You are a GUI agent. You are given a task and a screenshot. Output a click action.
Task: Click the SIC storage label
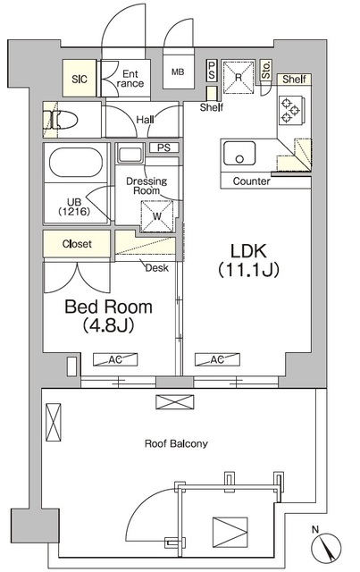pos(80,80)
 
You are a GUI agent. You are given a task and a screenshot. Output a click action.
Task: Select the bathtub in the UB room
pos(76,162)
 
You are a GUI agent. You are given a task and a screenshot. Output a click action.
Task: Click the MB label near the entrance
pos(178,71)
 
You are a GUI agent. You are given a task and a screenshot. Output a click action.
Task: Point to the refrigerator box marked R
pos(239,78)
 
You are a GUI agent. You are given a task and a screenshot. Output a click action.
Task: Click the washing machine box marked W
pos(157,216)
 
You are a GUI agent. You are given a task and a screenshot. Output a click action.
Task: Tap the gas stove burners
pos(290,109)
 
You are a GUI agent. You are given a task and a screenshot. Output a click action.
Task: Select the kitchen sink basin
pos(239,153)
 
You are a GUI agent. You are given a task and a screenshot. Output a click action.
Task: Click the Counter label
pos(252,181)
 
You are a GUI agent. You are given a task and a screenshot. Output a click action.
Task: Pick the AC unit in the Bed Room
pos(115,359)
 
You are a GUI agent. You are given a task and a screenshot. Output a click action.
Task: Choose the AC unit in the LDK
pos(217,359)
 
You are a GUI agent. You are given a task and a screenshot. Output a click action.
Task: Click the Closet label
pos(77,244)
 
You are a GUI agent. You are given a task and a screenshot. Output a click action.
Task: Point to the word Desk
pos(157,268)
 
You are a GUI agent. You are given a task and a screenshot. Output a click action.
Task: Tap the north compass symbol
pos(326,547)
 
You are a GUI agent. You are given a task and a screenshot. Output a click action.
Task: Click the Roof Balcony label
pos(176,443)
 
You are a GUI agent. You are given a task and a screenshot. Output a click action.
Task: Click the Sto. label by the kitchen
pos(266,70)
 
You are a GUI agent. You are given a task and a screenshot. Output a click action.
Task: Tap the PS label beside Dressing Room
pos(164,147)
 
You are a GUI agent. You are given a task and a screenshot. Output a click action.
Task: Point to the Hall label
pos(146,119)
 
